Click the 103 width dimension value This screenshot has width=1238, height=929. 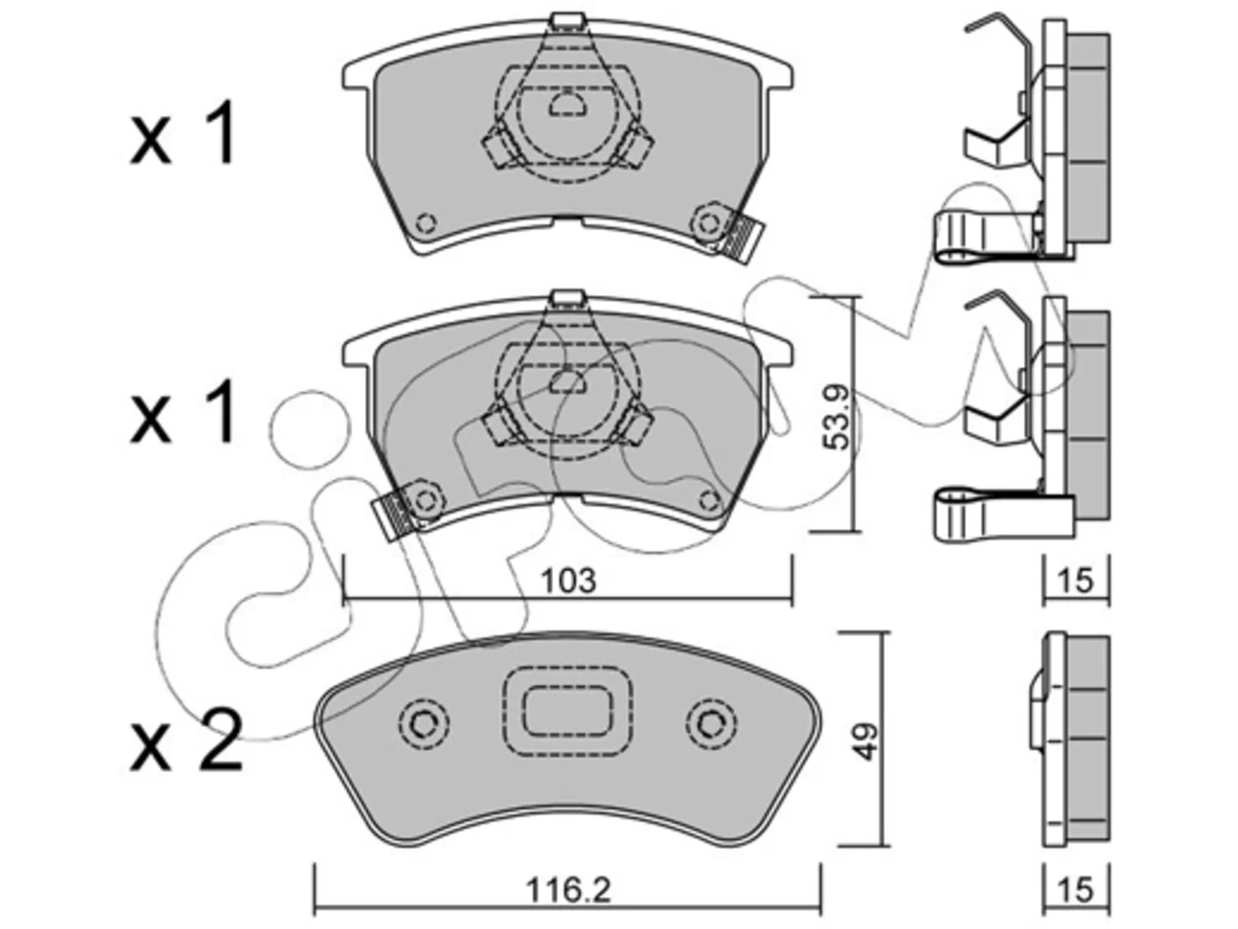(x=568, y=582)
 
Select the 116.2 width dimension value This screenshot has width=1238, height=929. (x=568, y=890)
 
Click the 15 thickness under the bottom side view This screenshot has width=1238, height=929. (x=1076, y=890)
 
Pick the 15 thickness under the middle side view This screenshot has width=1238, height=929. (x=1076, y=581)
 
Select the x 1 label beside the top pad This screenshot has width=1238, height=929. (x=182, y=133)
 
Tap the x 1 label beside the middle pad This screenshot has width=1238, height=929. (x=182, y=409)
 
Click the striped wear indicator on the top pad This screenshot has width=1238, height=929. (x=744, y=239)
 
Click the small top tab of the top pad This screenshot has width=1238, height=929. (x=568, y=21)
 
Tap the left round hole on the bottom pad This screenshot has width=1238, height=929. (x=424, y=723)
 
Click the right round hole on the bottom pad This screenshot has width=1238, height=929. (x=711, y=723)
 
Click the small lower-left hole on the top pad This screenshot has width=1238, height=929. (x=426, y=223)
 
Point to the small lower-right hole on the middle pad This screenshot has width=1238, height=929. (x=708, y=499)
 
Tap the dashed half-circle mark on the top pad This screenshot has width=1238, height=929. (x=568, y=105)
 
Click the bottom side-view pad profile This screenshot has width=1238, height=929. (x=1070, y=740)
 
